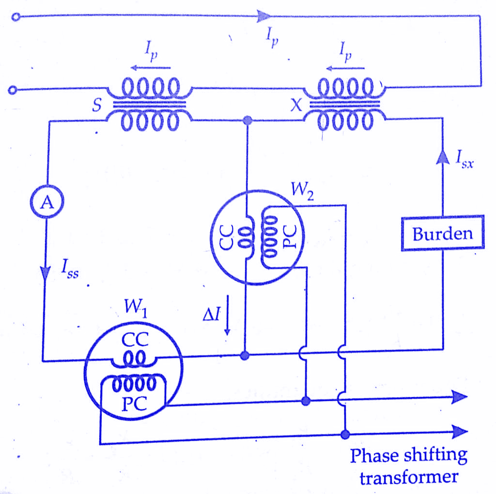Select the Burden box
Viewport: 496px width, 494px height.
(x=442, y=233)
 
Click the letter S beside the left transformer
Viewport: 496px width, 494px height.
(x=97, y=107)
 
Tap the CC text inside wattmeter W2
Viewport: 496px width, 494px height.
(x=227, y=238)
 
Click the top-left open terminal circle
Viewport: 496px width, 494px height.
(x=16, y=17)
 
